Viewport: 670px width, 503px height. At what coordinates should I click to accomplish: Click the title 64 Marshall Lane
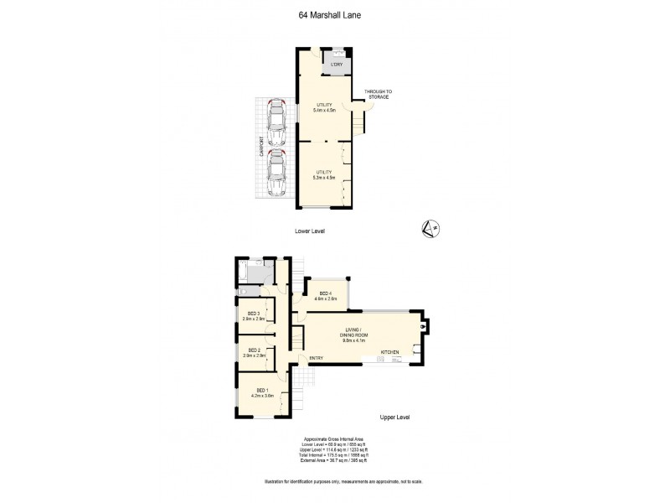click(335, 14)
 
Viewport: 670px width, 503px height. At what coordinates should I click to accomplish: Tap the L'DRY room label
click(337, 65)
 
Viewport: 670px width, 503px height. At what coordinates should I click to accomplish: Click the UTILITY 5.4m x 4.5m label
click(323, 107)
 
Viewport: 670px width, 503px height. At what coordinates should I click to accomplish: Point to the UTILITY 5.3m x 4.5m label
click(323, 174)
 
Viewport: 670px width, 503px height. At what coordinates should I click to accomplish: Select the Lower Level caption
click(309, 231)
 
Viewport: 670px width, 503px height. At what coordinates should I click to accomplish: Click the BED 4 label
click(325, 295)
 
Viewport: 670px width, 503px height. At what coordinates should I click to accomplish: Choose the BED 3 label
click(254, 316)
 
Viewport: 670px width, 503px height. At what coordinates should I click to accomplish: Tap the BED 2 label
click(254, 353)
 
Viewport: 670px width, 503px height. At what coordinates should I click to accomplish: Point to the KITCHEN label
click(391, 351)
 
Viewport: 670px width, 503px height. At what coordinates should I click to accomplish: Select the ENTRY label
click(317, 359)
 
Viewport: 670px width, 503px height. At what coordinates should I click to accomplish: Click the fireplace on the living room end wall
click(425, 326)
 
